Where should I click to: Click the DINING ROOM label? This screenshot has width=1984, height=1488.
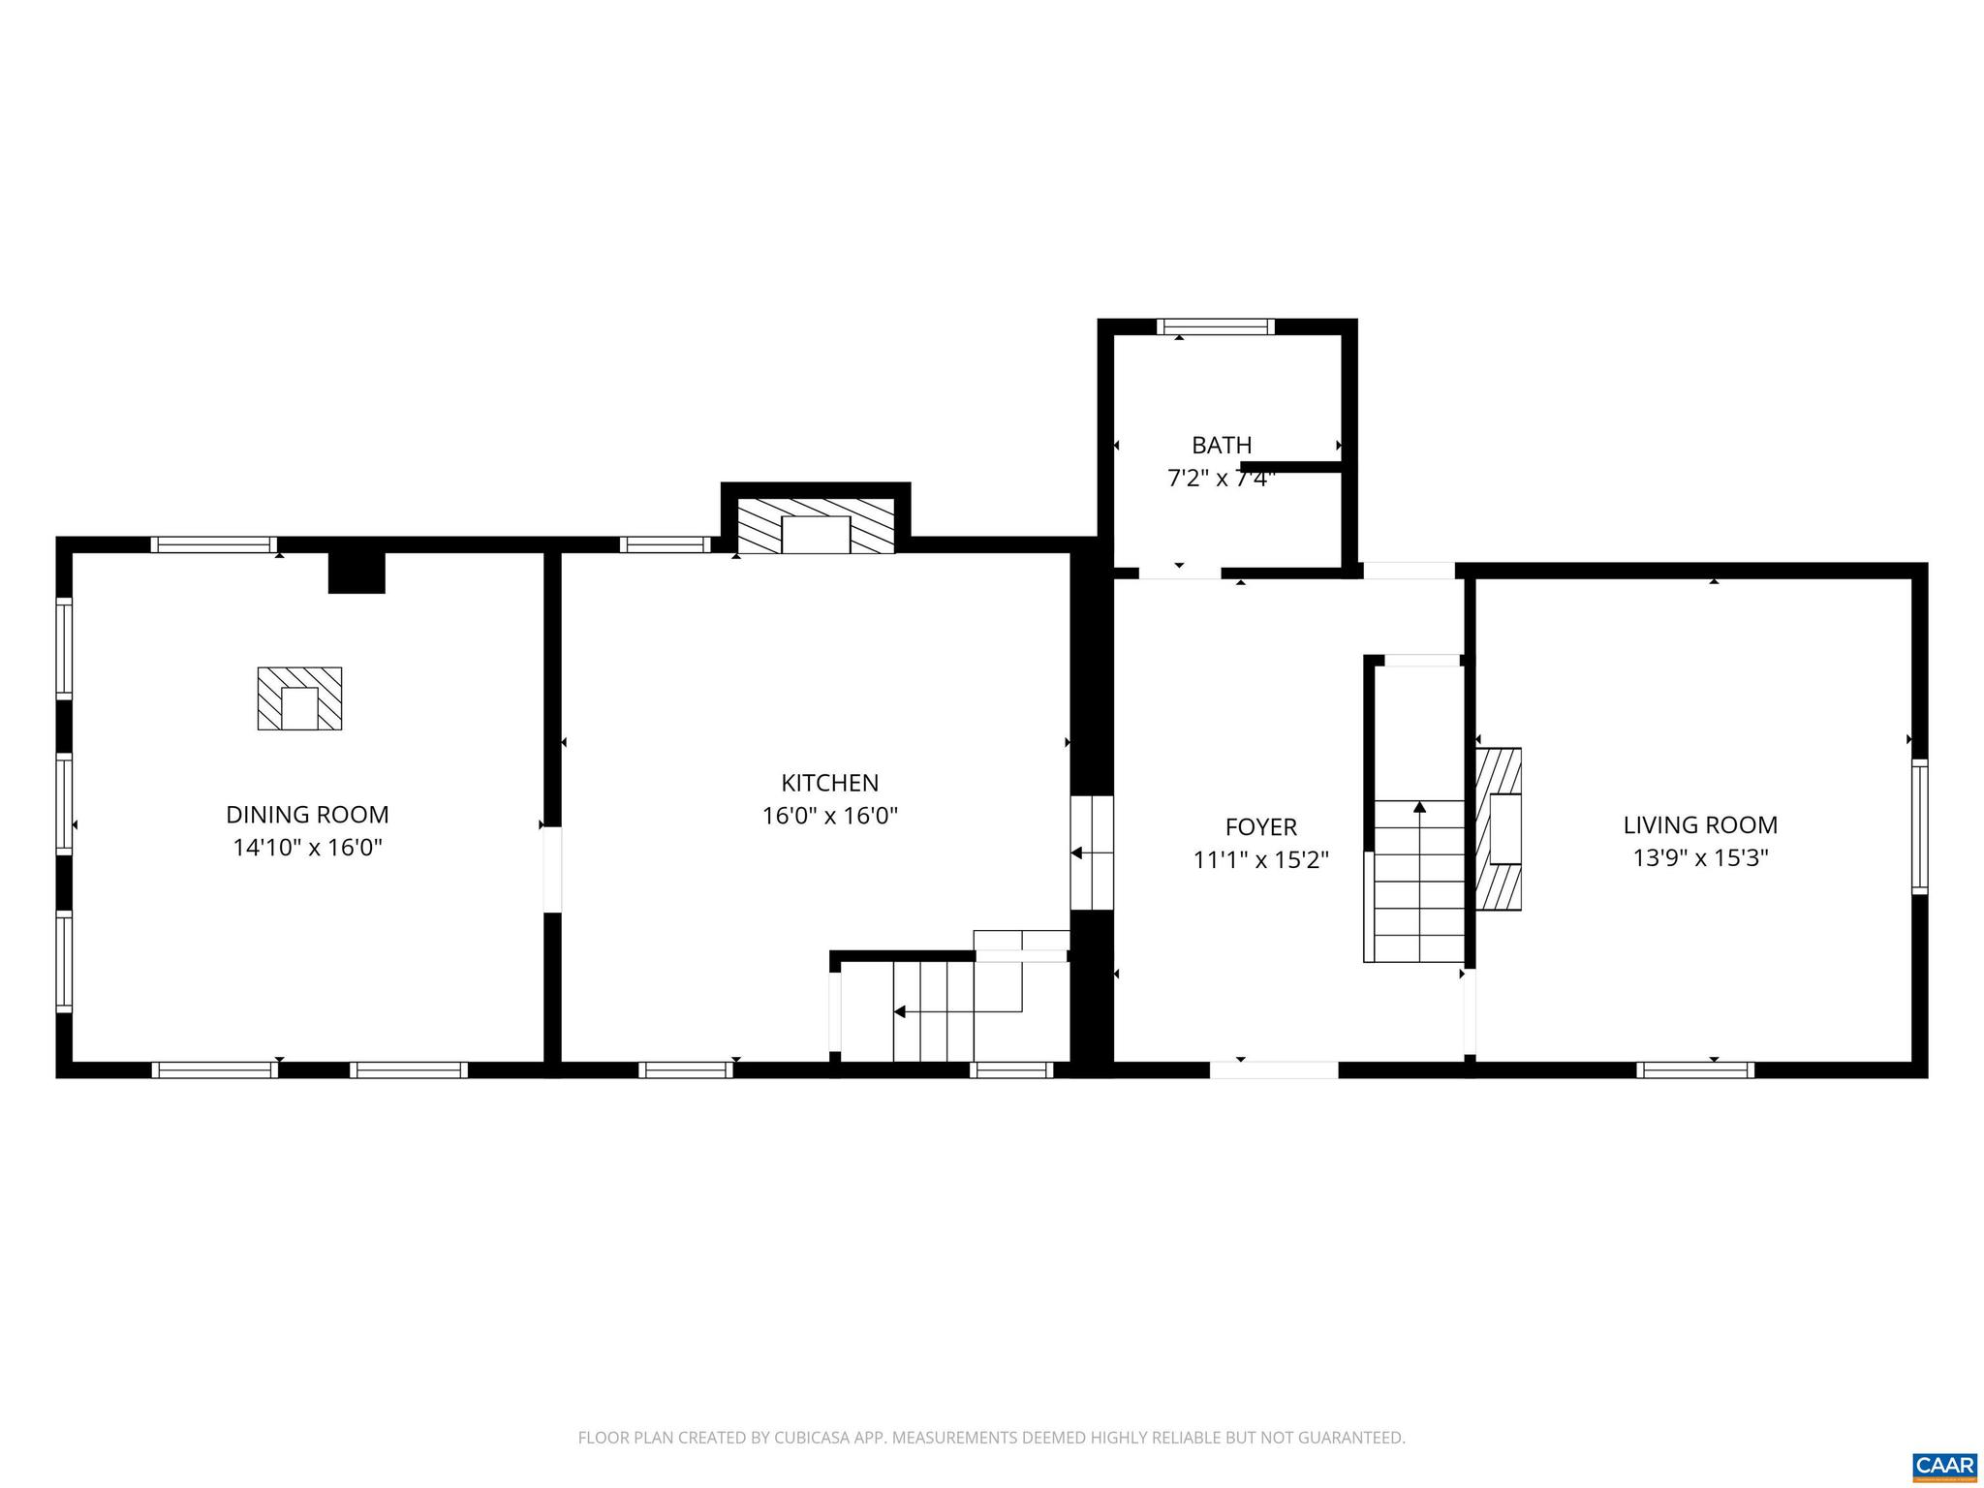coord(307,815)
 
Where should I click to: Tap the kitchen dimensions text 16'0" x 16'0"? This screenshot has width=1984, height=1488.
coord(829,816)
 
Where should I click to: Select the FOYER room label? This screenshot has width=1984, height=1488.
coord(1260,826)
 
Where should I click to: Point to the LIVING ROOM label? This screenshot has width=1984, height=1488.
coord(1700,824)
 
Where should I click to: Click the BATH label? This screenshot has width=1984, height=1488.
coord(1222,445)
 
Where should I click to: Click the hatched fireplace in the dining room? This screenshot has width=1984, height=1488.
coord(299,698)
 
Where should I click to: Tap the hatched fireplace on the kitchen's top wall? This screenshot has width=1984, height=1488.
coord(816,526)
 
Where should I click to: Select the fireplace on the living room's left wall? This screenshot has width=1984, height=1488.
coord(1499,828)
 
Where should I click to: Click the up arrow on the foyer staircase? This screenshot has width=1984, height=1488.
coord(1419,807)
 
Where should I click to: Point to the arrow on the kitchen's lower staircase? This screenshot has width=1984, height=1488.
coord(900,1011)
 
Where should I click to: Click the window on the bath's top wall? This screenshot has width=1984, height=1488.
coord(1216,326)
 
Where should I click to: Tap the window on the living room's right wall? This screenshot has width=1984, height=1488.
coord(1918,826)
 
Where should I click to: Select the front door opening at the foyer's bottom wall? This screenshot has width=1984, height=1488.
coord(1274,1069)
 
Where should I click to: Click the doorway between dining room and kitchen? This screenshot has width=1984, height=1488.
coord(552,869)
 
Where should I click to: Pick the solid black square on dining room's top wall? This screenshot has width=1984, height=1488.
coord(356,573)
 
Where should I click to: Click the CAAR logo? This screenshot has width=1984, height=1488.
coord(1944,1465)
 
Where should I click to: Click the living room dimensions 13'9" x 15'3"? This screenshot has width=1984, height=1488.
coord(1700,858)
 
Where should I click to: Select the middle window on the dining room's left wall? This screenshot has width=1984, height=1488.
coord(64,804)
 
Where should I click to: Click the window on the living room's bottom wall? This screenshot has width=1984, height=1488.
coord(1695,1069)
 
